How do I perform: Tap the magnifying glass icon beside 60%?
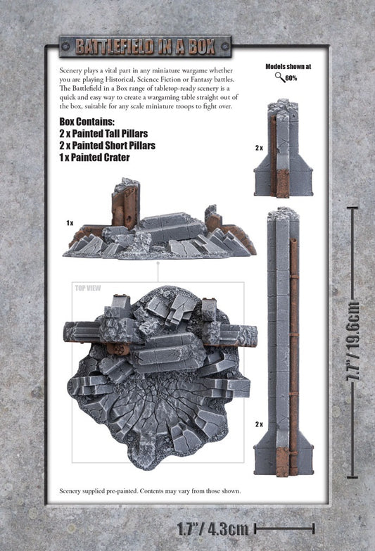[280, 77]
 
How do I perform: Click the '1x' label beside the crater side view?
[70, 223]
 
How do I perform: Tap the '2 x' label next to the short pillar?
[259, 148]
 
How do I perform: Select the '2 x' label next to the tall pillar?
[259, 424]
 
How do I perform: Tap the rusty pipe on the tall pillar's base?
[285, 461]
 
